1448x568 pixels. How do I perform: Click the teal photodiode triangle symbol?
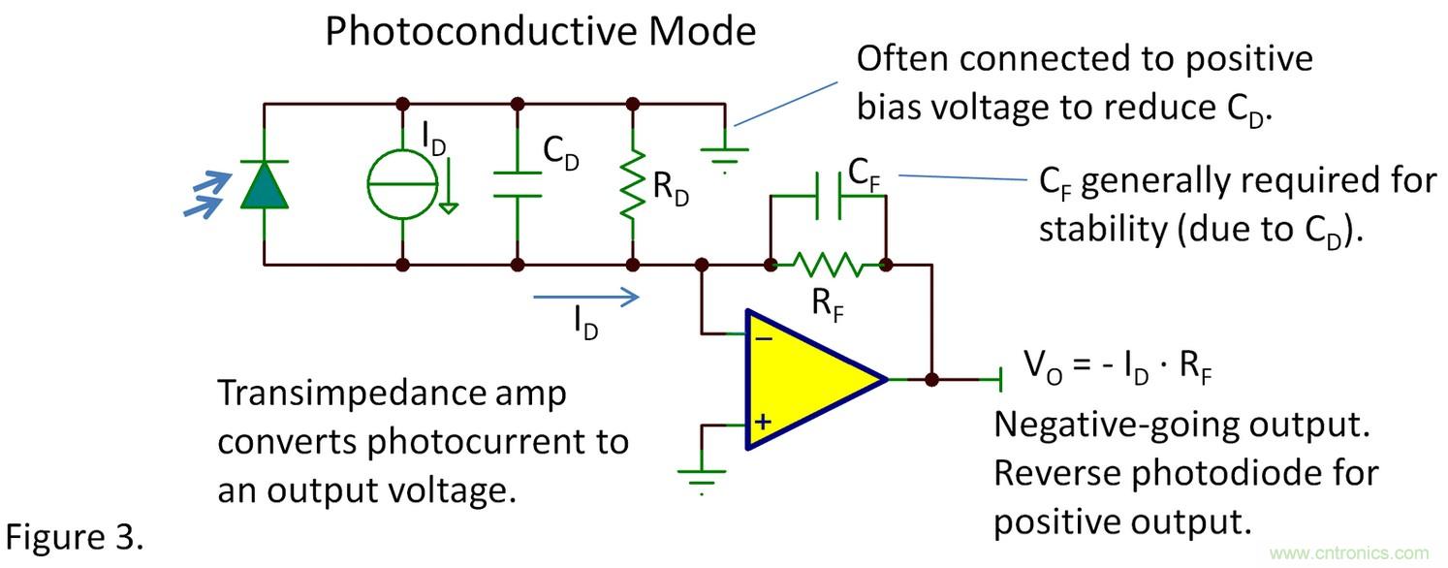[x=265, y=184]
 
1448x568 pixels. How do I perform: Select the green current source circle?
[x=401, y=183]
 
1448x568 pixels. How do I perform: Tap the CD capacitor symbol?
[x=518, y=184]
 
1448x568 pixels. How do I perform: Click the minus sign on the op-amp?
[x=764, y=337]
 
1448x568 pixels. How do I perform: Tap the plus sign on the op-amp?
[x=764, y=422]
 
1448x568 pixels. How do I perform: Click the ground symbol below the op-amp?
[x=701, y=476]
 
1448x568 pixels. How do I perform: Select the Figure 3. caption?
[x=76, y=537]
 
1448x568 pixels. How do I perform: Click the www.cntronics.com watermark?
[x=1348, y=553]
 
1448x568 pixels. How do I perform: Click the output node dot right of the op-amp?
[x=931, y=379]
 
